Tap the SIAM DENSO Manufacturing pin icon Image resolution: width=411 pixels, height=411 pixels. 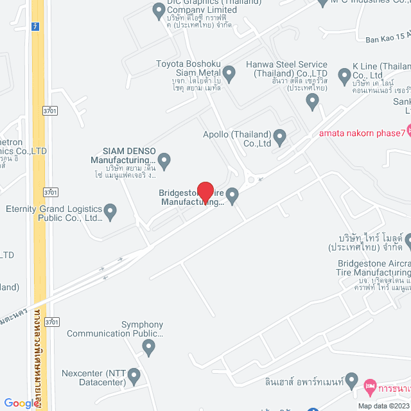[x=164, y=161]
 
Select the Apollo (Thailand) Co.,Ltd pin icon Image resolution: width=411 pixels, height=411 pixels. [x=279, y=136]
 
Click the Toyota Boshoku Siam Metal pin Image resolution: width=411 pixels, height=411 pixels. [x=229, y=74]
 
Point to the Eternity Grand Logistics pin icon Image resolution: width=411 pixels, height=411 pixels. [x=110, y=211]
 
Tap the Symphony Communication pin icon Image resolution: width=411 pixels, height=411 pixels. [x=149, y=347]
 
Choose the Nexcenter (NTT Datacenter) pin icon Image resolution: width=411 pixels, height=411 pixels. [x=134, y=375]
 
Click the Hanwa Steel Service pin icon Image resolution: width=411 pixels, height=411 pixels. [x=312, y=100]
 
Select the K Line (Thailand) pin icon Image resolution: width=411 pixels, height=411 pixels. [x=344, y=76]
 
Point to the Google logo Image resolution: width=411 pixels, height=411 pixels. [x=21, y=403]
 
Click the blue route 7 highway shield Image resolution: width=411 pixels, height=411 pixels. [x=33, y=28]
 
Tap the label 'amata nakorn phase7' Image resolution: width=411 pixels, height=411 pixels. [x=362, y=134]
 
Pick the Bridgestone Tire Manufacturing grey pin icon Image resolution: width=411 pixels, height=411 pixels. [x=232, y=194]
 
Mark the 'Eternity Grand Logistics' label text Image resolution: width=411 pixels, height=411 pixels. [x=54, y=213]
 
